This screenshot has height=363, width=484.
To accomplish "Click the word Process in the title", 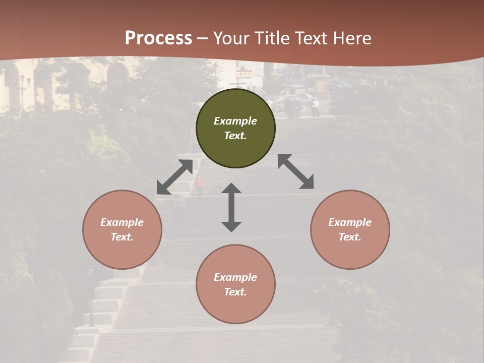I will [x=158, y=38].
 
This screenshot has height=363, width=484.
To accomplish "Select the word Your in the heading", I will [x=231, y=38].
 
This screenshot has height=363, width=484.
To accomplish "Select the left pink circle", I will [x=122, y=229].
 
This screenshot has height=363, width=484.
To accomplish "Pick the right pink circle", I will [x=350, y=229].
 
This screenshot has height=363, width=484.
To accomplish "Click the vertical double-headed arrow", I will [x=231, y=207].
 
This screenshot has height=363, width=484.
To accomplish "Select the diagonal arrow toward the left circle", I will [x=174, y=177].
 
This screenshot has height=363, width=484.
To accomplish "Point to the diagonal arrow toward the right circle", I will [x=296, y=171].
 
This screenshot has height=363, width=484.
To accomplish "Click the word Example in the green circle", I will [x=235, y=121].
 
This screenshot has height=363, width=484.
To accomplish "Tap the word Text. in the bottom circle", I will [x=235, y=292].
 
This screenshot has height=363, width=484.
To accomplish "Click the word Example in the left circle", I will [x=122, y=222].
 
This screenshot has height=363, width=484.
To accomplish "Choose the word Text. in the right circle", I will [x=350, y=237].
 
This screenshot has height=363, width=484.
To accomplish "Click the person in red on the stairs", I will [x=200, y=185].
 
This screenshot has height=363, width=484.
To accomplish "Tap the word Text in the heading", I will [x=312, y=38].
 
